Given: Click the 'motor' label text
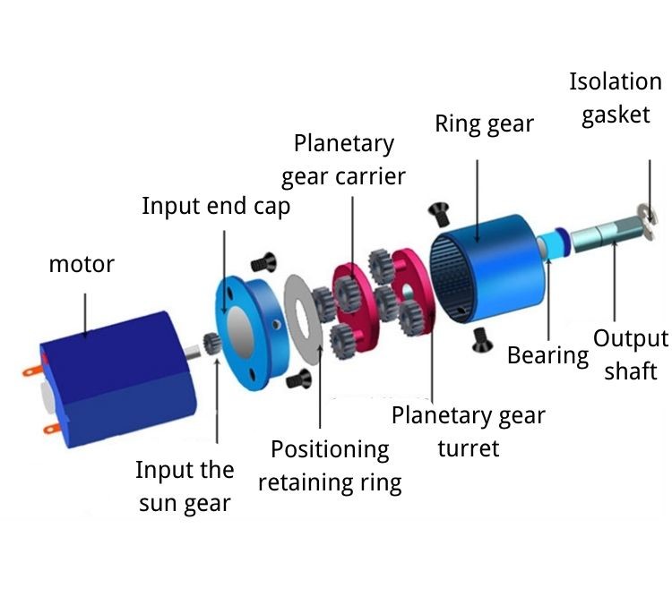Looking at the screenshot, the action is pyautogui.click(x=82, y=264).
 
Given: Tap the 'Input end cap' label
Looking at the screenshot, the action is pyautogui.click(x=216, y=207).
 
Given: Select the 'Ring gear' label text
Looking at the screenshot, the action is pyautogui.click(x=484, y=124).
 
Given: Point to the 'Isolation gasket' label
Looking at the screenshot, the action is pyautogui.click(x=616, y=98).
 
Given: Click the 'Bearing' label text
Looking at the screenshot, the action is pyautogui.click(x=547, y=355).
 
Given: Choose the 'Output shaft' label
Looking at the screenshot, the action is pyautogui.click(x=631, y=354).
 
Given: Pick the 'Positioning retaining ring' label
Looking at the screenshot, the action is pyautogui.click(x=330, y=466).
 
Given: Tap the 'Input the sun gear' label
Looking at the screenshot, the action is pyautogui.click(x=185, y=486).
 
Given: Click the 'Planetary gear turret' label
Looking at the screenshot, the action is pyautogui.click(x=469, y=431).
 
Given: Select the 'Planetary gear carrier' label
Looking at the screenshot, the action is pyautogui.click(x=343, y=160).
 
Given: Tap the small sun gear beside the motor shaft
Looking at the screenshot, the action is pyautogui.click(x=211, y=344).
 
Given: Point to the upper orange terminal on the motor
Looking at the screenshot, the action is pyautogui.click(x=31, y=371).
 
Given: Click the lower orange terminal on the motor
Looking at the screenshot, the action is pyautogui.click(x=52, y=428).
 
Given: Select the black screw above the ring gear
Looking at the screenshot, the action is pyautogui.click(x=439, y=214).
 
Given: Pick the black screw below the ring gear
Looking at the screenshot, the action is pyautogui.click(x=482, y=340).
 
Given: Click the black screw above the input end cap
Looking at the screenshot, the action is pyautogui.click(x=263, y=262).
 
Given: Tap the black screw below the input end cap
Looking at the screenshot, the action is pyautogui.click(x=298, y=379).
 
